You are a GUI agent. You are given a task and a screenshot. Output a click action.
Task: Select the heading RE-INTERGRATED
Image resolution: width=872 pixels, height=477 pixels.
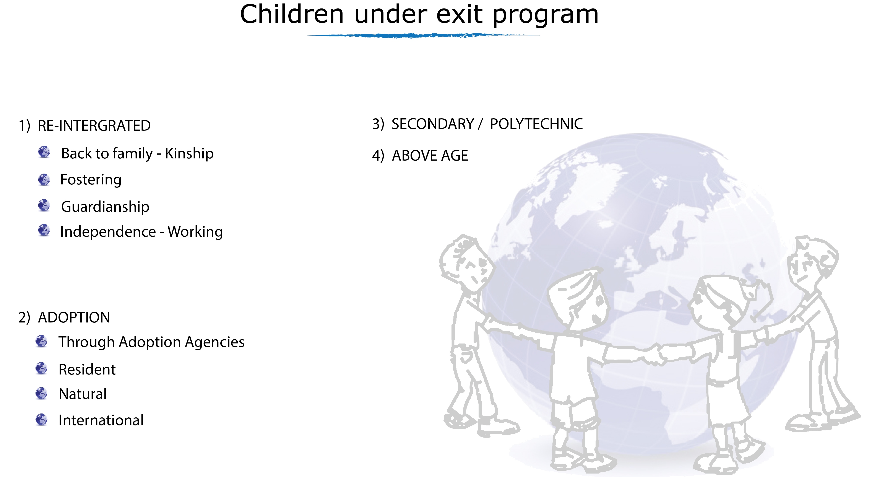point(94,126)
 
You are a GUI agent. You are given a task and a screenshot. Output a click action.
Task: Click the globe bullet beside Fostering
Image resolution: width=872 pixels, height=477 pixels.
point(44,179)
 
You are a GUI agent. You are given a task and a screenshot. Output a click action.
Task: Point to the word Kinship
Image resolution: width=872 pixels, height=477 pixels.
point(189,153)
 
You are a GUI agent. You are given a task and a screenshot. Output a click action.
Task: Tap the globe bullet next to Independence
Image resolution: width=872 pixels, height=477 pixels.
point(44,230)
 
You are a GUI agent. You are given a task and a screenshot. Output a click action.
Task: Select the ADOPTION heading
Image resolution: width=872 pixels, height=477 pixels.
point(74,317)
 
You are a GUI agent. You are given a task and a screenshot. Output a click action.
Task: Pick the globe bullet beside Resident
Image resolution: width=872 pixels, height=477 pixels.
point(41,368)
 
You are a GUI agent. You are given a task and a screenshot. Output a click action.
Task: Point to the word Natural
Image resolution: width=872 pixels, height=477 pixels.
point(83,394)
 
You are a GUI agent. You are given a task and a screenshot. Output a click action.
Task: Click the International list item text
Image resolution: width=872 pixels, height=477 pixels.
point(101,420)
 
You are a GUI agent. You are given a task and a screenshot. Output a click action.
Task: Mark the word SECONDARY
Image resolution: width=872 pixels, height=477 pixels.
point(433,124)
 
